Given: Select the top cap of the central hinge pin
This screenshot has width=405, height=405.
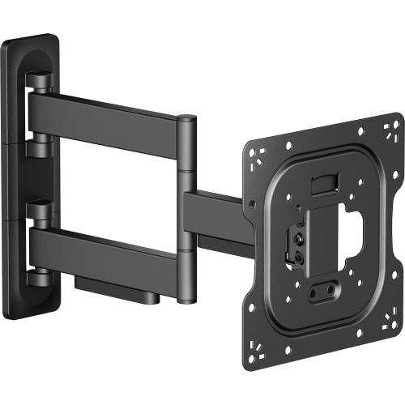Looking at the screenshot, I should (x=186, y=119).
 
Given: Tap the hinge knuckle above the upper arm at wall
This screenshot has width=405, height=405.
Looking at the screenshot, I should (x=38, y=80).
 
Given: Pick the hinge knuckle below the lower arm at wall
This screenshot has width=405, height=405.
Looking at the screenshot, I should (x=38, y=275).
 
